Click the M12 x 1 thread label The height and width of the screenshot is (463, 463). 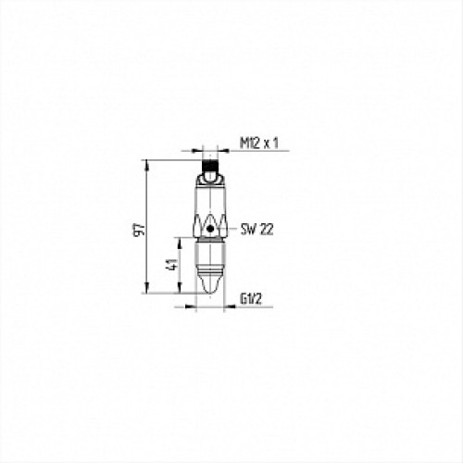pos(258,144)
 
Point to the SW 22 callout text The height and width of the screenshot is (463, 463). pos(257,230)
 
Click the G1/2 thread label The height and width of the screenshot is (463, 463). pos(251,299)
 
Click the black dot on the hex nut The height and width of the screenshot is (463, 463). pos(210,229)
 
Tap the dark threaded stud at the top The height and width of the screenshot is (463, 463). pos(210,166)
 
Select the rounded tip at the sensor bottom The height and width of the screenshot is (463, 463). pos(210,286)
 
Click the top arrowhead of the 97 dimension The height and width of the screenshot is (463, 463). pos(147,165)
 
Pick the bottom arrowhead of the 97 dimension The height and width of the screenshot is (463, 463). pos(147,288)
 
